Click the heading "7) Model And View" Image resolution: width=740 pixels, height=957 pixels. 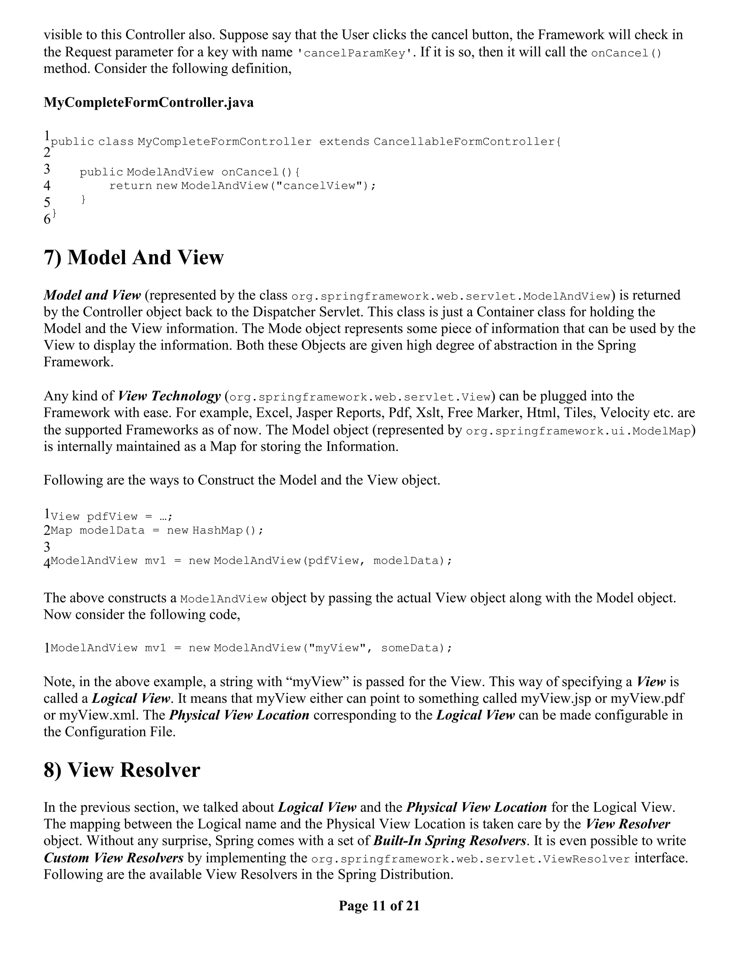133,257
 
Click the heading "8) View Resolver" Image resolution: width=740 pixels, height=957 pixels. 121,770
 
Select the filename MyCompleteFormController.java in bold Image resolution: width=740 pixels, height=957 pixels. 149,103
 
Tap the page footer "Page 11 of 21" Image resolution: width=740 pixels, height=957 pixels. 379,905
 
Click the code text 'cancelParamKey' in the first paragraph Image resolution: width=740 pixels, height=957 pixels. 355,53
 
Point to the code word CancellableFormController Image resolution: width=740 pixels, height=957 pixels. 465,142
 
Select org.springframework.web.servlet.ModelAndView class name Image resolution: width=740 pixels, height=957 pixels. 451,296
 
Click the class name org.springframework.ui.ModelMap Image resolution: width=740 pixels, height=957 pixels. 578,431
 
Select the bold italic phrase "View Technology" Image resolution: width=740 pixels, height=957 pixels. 169,396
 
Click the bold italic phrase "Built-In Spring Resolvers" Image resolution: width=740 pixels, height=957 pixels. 450,841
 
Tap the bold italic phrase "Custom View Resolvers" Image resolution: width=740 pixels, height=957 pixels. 113,858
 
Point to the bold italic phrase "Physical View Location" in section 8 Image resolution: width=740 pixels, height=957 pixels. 477,807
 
